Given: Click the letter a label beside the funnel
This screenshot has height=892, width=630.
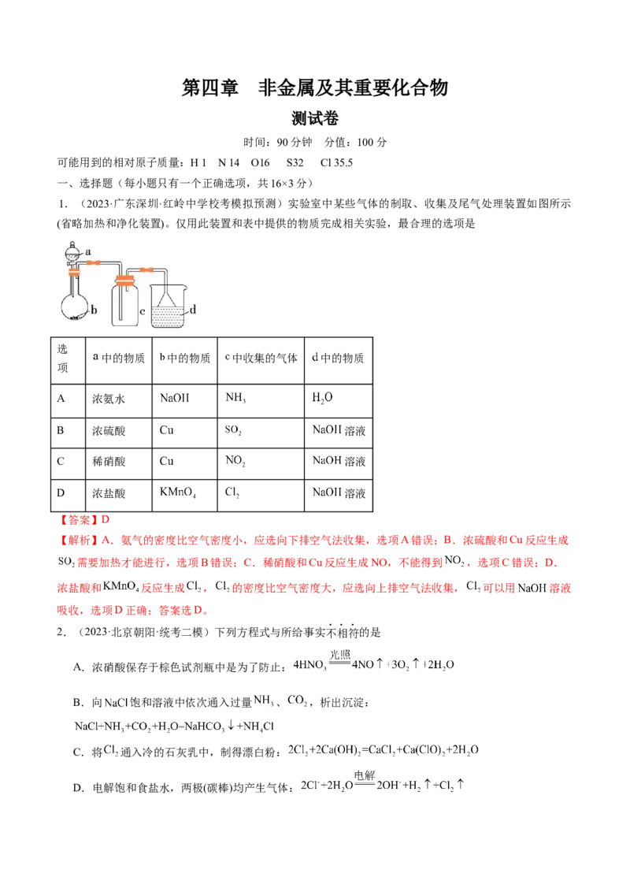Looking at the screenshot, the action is click(x=88, y=251).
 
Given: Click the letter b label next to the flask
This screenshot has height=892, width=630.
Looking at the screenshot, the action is click(x=94, y=311).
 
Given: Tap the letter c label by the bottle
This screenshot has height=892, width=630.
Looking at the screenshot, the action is click(x=143, y=312).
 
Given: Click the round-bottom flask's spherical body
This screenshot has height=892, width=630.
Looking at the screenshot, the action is click(x=75, y=307).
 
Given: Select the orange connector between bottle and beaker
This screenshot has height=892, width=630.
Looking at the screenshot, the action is click(x=147, y=269).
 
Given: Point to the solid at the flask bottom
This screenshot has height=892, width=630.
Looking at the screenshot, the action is click(x=76, y=318).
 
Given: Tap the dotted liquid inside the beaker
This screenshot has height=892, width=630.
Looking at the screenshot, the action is click(x=167, y=317).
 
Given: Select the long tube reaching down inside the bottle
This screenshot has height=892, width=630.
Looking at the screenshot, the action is click(x=120, y=303).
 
